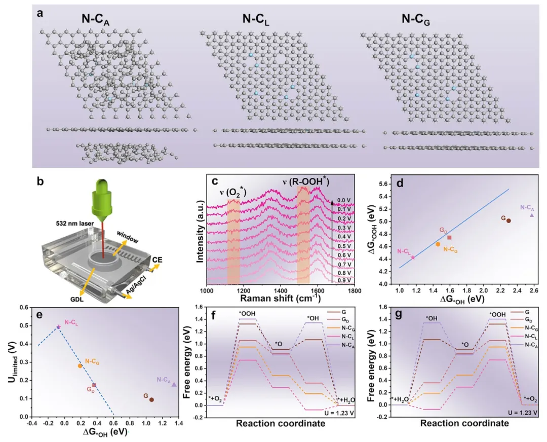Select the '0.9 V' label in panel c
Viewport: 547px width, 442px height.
coord(344,279)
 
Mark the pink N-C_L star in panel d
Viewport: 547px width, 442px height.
coord(413,257)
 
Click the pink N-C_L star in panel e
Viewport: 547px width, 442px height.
coord(59,327)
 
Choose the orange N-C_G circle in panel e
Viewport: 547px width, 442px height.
coord(80,366)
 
